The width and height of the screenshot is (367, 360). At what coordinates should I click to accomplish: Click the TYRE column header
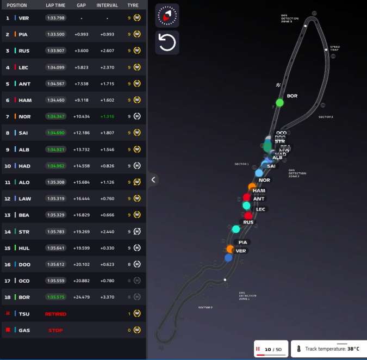(133, 5)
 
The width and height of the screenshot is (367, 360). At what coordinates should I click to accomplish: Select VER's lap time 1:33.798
(55, 18)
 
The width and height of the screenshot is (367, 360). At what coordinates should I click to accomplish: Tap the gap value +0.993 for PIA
(82, 34)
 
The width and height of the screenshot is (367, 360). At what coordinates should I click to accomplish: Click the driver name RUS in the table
(24, 51)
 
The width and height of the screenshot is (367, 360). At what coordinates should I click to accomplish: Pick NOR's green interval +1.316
(107, 116)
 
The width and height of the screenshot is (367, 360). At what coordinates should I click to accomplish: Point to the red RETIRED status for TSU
(55, 314)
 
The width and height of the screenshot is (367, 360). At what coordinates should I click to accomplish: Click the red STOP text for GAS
(55, 330)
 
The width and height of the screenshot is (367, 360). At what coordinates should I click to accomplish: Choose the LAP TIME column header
(55, 5)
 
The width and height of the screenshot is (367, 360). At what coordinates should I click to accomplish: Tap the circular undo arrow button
(167, 42)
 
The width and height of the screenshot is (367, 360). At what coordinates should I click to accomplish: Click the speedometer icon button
(167, 15)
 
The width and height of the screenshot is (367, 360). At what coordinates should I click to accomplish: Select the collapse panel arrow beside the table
(154, 179)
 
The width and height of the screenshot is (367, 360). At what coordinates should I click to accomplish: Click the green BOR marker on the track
(279, 102)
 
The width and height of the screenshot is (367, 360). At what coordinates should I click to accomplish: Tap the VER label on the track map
(241, 251)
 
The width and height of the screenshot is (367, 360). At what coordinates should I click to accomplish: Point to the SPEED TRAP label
(334, 48)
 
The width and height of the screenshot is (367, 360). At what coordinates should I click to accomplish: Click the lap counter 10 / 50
(273, 349)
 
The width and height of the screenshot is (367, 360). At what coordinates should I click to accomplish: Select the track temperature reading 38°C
(350, 349)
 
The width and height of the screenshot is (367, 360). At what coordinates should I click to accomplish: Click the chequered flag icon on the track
(278, 85)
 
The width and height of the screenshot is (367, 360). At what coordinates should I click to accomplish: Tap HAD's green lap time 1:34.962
(55, 166)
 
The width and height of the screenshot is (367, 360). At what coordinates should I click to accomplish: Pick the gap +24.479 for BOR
(82, 297)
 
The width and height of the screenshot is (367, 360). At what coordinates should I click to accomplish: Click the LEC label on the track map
(260, 209)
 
